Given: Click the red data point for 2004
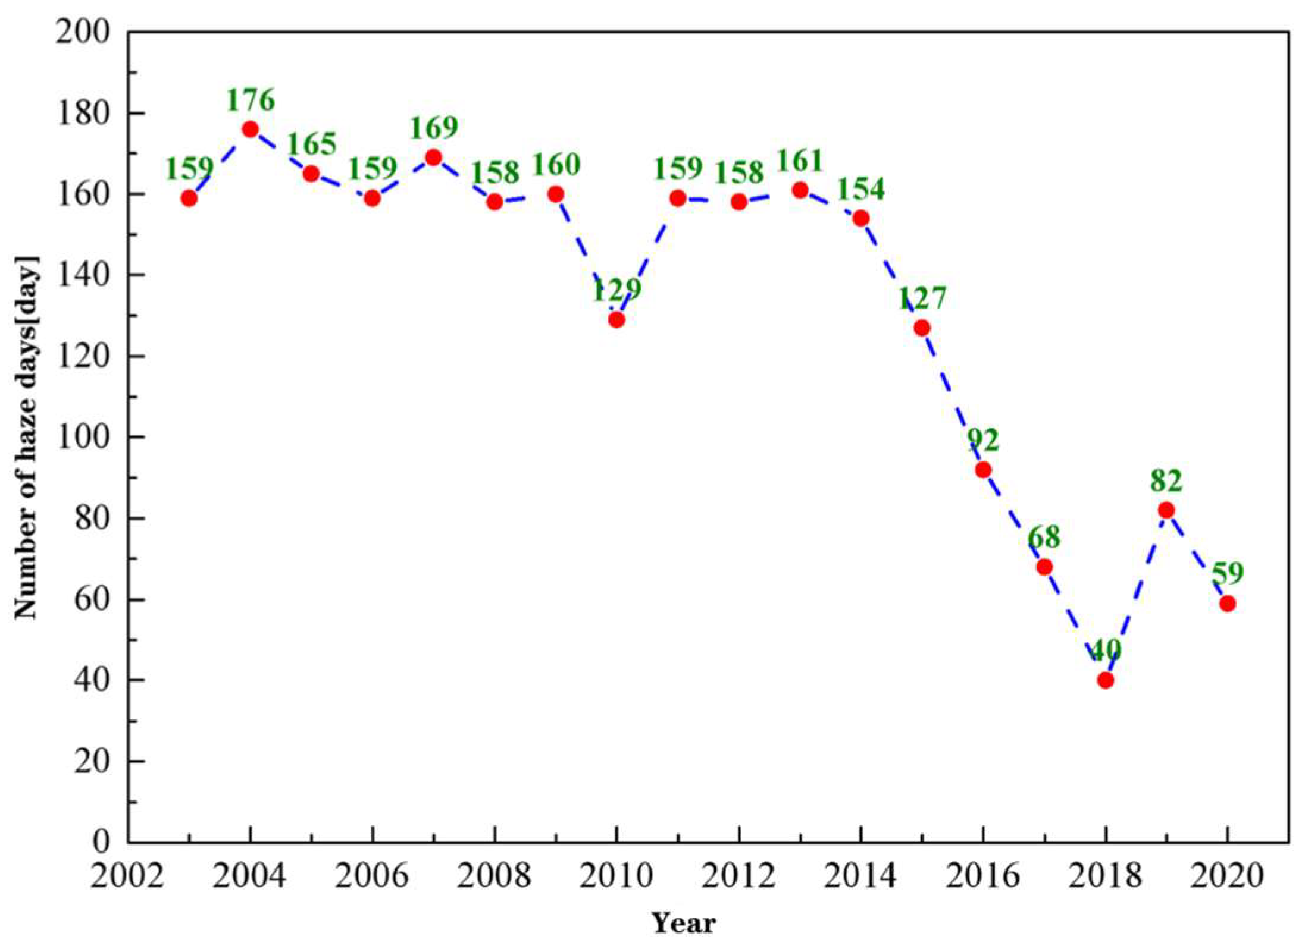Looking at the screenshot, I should click(x=250, y=129).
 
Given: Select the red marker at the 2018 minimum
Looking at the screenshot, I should click(x=1106, y=680).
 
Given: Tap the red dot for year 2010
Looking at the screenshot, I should click(x=616, y=320).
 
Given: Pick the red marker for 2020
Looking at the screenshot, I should click(x=1227, y=604).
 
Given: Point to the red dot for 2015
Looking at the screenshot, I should click(x=922, y=328).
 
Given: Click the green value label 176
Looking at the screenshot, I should click(x=251, y=100).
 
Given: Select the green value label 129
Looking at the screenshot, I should click(x=617, y=290).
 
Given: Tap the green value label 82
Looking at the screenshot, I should click(x=1166, y=480).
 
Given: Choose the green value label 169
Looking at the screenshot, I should click(x=434, y=127).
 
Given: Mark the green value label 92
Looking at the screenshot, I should click(x=982, y=440).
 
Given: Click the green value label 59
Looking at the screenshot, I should click(x=1228, y=573).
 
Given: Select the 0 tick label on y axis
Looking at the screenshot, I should click(x=102, y=842).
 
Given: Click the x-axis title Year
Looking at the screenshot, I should click(x=684, y=923).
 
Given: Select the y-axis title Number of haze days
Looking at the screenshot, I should click(x=27, y=437).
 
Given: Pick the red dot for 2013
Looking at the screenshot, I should click(x=800, y=190).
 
